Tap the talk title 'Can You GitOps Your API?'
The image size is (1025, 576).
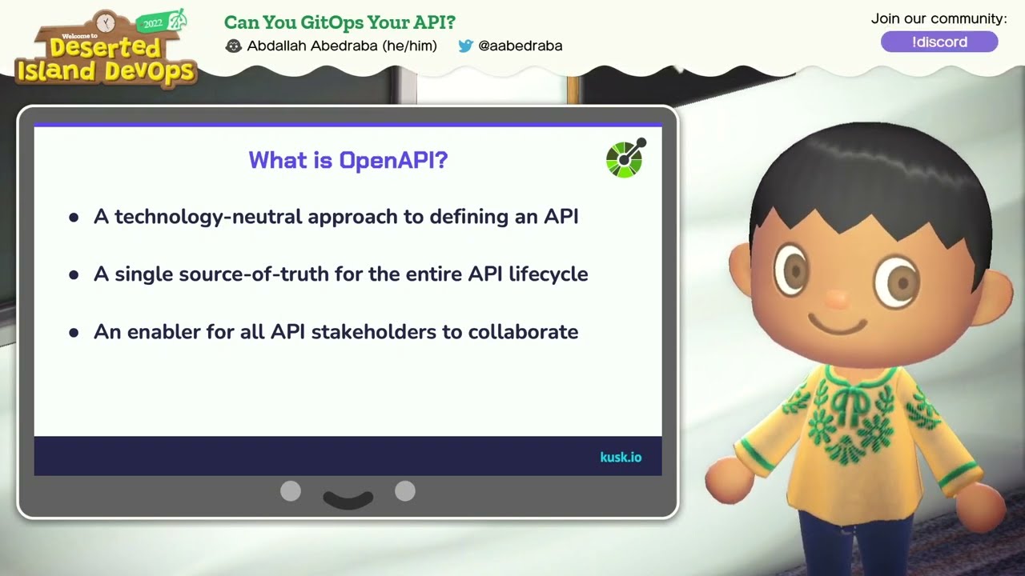click(340, 22)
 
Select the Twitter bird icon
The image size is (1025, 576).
click(465, 46)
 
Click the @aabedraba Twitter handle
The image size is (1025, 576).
click(520, 46)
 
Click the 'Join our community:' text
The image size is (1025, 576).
click(939, 18)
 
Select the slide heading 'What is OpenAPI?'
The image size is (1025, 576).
click(348, 160)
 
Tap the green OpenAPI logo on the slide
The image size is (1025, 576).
click(625, 158)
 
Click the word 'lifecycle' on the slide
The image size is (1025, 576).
click(549, 274)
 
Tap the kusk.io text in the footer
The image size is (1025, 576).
click(621, 458)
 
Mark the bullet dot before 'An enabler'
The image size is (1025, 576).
click(74, 333)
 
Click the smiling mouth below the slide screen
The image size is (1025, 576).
click(348, 499)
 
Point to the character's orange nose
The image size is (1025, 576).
click(837, 299)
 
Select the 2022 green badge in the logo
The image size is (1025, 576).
click(153, 23)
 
